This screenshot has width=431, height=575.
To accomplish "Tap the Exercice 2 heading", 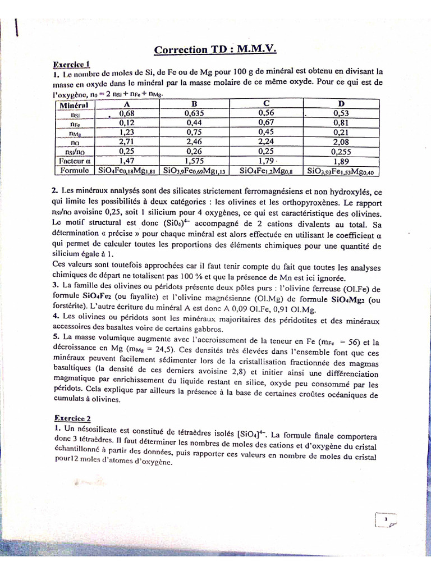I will pyautogui.click(x=72, y=418).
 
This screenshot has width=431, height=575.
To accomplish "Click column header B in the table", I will pyautogui.click(x=194, y=104).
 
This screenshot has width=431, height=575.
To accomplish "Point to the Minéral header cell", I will pyautogui.click(x=74, y=104).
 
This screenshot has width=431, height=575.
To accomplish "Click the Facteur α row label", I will pyautogui.click(x=75, y=160).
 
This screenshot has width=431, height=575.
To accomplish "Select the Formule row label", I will pyautogui.click(x=75, y=170).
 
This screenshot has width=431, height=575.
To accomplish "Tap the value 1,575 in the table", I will pyautogui.click(x=194, y=160).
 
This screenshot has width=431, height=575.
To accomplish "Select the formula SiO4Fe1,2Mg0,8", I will pyautogui.click(x=267, y=170).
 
